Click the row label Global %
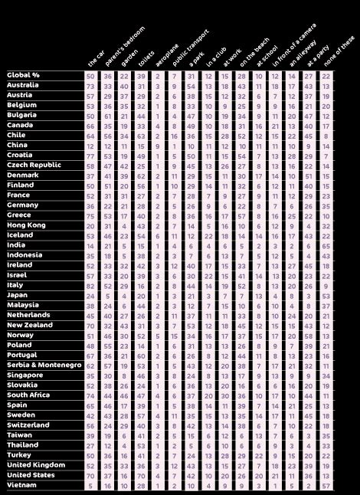[23, 75]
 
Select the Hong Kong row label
[26, 225]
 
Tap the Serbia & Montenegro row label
[44, 365]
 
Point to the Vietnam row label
[21, 485]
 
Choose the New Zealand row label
[30, 325]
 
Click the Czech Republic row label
[34, 165]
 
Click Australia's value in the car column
[90, 85]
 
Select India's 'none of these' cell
[326, 245]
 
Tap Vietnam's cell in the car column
[90, 485]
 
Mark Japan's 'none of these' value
[326, 295]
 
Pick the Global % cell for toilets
[141, 75]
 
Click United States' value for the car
[90, 475]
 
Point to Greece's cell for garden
[124, 215]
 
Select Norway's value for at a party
[309, 335]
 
